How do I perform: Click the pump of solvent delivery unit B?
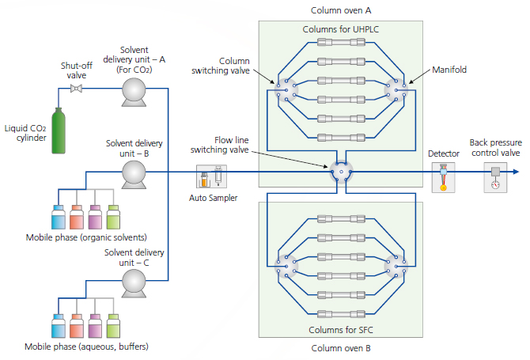[x=134, y=172]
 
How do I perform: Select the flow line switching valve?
[x=341, y=172]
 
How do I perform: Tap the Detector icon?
[x=443, y=178]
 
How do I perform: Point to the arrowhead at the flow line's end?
[x=515, y=172]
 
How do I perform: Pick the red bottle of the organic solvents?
[x=76, y=217]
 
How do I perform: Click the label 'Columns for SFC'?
[x=339, y=329]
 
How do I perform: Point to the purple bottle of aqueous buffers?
[x=95, y=326]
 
